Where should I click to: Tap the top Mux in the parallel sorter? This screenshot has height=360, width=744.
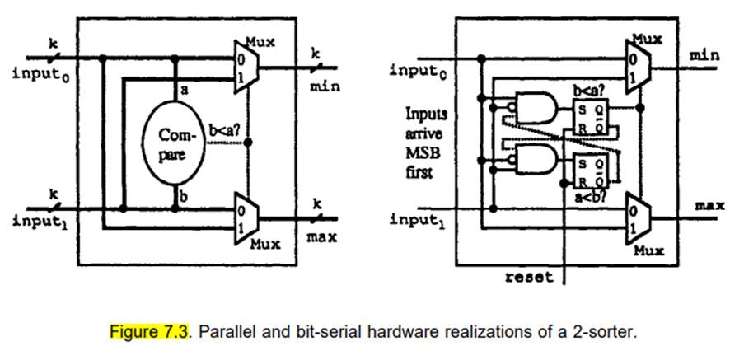click(x=244, y=71)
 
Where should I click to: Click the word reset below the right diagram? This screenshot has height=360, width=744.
click(x=529, y=278)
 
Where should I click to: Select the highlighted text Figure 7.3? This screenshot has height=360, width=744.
click(x=147, y=332)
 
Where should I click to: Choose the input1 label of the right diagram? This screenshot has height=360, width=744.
click(x=418, y=220)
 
